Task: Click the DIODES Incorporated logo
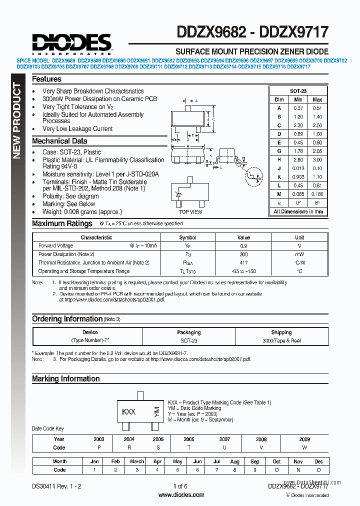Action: [x=71, y=43]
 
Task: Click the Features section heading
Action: [x=46, y=79]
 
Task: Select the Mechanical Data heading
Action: [x=59, y=141]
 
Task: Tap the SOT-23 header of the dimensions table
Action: [x=298, y=91]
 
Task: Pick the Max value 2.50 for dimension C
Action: [x=317, y=125]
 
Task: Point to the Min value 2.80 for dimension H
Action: [x=298, y=160]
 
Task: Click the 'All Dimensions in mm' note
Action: [x=298, y=211]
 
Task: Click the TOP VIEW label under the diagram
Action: [x=190, y=212]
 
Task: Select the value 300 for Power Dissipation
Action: [x=243, y=254]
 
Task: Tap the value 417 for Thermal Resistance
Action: [x=243, y=262]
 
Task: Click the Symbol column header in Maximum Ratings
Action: [x=187, y=237]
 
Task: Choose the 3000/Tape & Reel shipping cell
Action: [x=281, y=340]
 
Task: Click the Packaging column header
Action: [x=188, y=332]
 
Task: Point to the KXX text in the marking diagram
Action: [x=129, y=412]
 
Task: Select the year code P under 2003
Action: [x=99, y=447]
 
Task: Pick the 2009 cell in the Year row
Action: [x=304, y=439]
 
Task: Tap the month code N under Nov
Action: [x=298, y=470]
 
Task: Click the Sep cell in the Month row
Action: [x=255, y=461]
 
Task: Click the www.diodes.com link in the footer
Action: [x=181, y=495]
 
